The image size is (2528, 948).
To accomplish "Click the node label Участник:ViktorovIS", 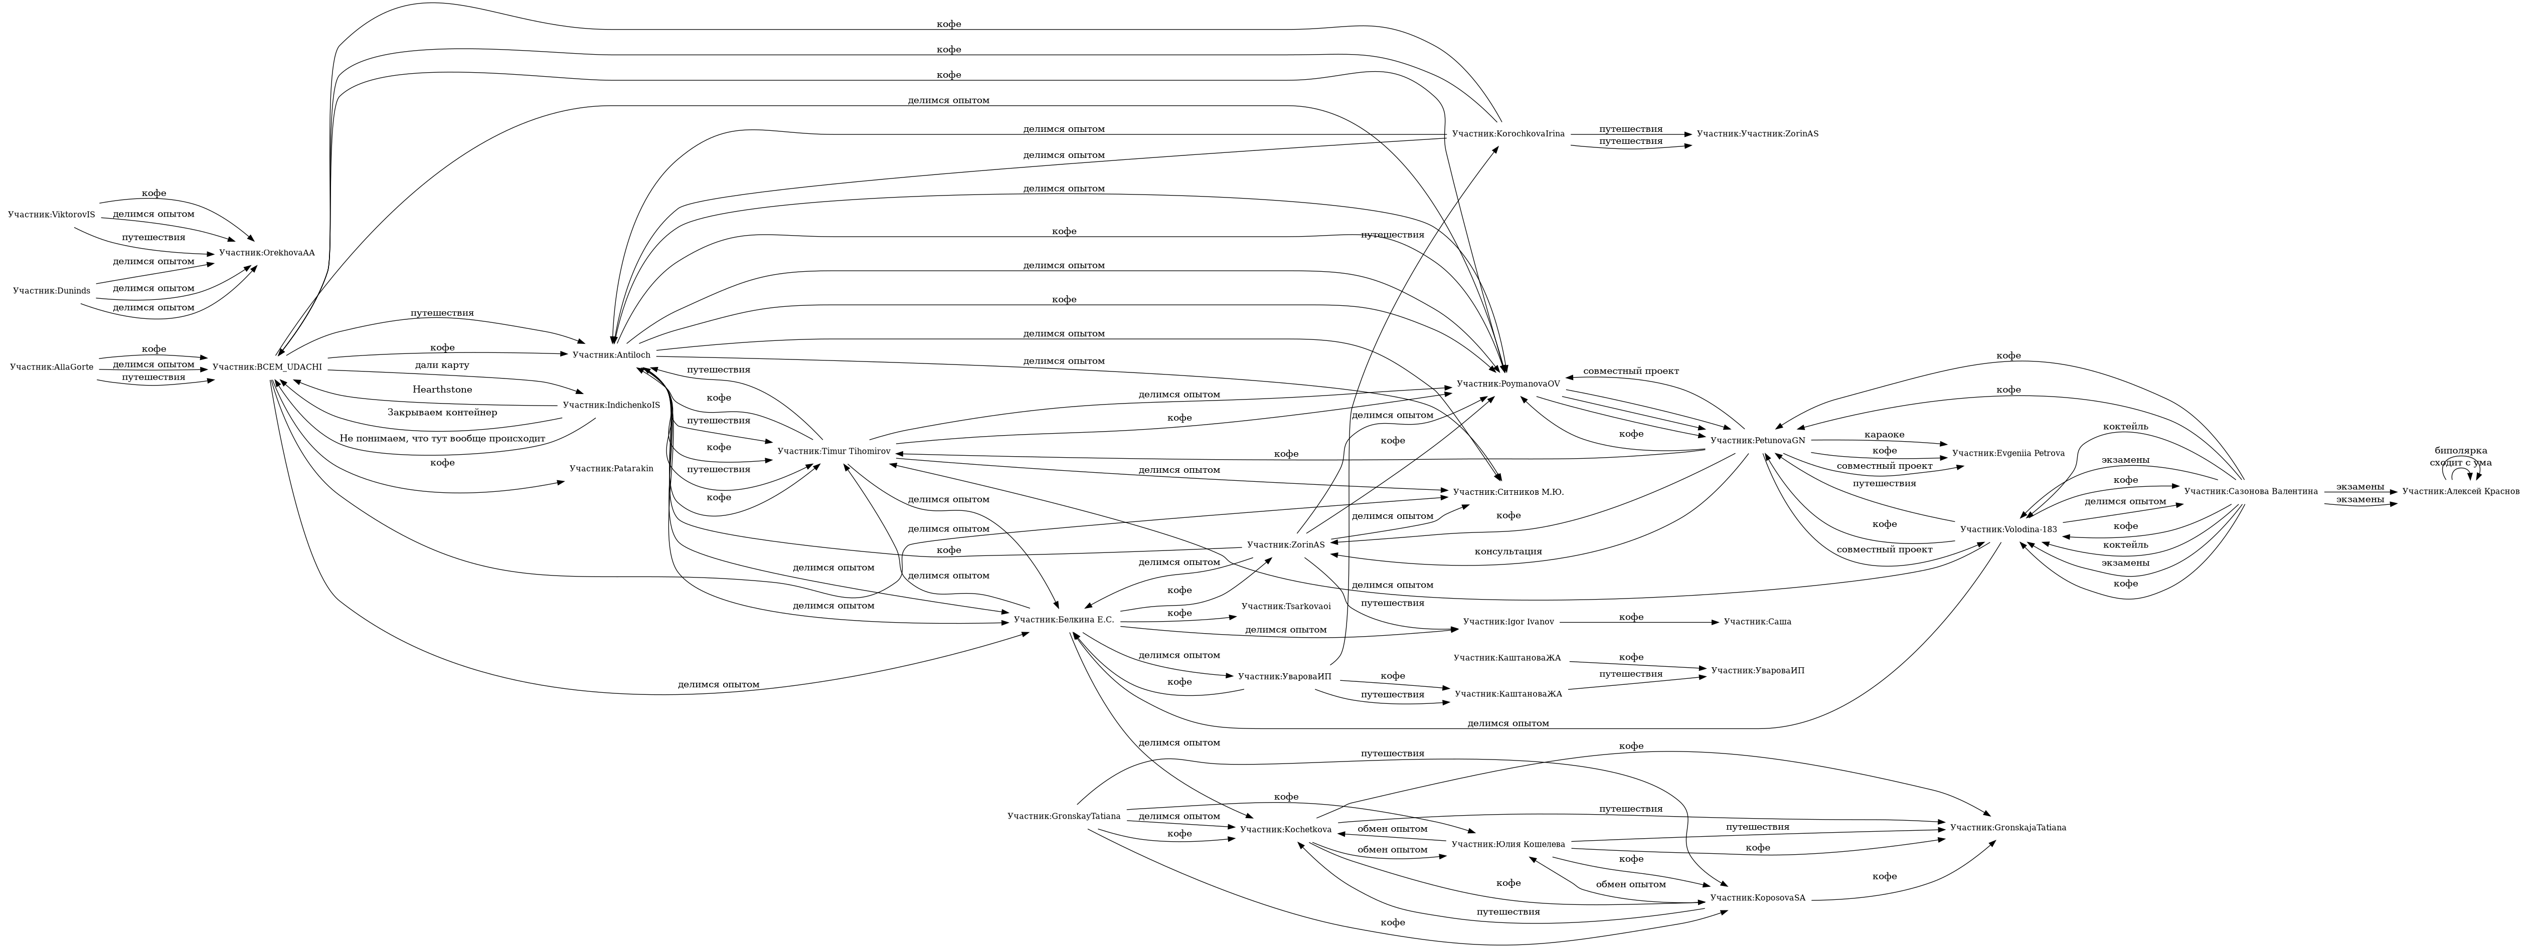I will click(51, 215).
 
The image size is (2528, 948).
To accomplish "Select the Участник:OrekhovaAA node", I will click(267, 253).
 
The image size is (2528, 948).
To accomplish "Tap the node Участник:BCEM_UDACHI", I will click(267, 367).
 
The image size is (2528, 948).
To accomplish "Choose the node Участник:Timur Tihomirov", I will click(833, 451).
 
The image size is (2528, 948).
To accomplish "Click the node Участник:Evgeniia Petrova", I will click(2008, 453).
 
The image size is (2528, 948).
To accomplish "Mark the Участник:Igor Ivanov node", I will click(1508, 622).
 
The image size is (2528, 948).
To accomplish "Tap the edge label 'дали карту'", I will click(442, 365).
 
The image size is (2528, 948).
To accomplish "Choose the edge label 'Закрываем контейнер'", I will click(442, 412).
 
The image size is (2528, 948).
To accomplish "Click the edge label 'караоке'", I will click(1884, 435).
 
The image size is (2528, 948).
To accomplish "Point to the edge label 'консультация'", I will click(1507, 551).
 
